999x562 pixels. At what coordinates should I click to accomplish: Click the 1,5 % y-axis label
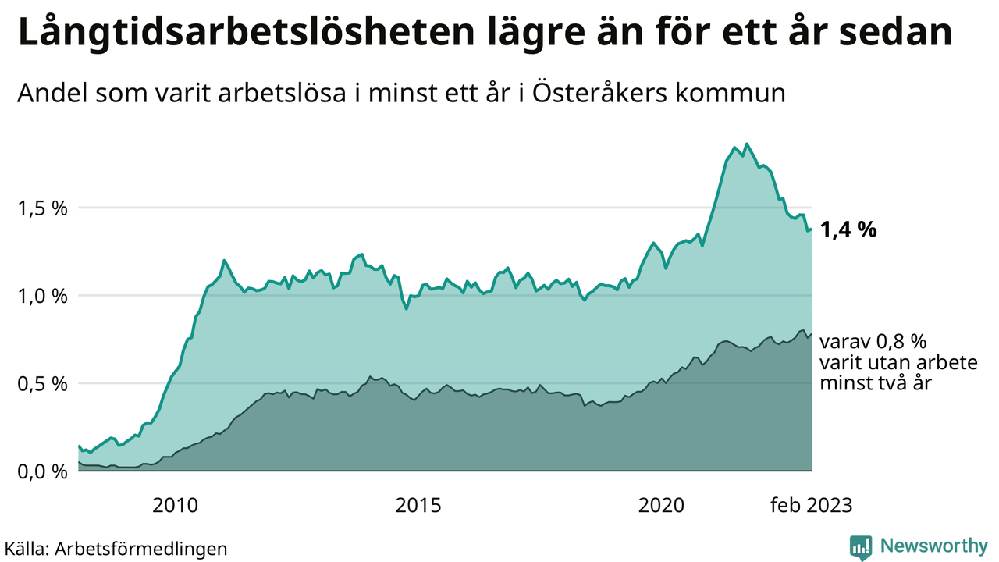pos(41,208)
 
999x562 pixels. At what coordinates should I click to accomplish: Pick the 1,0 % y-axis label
pos(41,297)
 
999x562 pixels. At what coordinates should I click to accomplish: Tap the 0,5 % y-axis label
pos(41,384)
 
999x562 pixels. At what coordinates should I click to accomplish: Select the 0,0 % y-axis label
pos(41,471)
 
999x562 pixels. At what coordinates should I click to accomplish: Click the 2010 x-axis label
pos(175,506)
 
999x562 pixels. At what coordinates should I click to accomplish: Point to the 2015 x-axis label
pos(419,506)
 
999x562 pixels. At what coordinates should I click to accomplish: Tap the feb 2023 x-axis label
pos(811,506)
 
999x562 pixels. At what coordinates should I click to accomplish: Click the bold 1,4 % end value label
pos(849,230)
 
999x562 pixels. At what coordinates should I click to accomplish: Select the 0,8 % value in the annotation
pos(901,342)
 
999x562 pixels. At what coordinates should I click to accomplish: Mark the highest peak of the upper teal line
pos(747,144)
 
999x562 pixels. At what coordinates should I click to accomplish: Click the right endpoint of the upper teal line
pos(812,229)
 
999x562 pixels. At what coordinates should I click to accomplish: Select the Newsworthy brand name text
pos(933,546)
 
